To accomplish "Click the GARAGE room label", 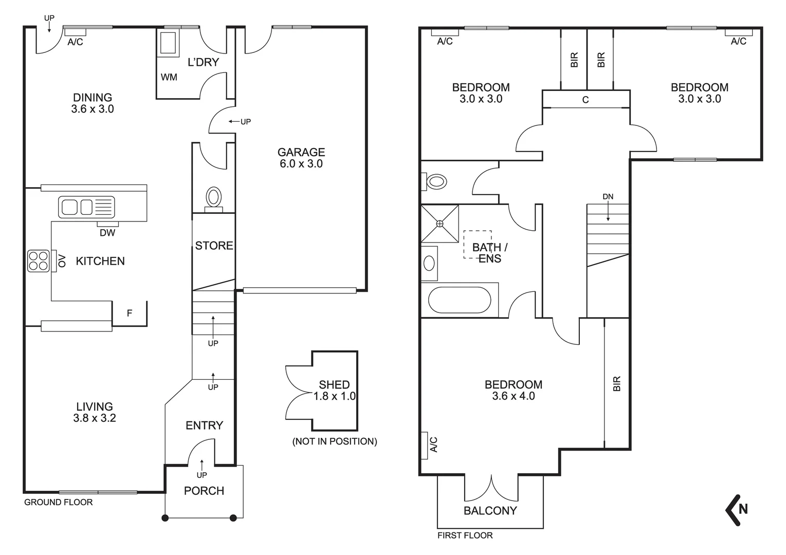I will point(301,152).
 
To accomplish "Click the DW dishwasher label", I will point(107,233).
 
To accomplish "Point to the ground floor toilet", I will point(213,197).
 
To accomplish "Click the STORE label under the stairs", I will point(214,246).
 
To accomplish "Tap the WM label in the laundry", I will point(169,77).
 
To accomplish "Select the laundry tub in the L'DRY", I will point(168,43).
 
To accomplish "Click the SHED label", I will point(334,384).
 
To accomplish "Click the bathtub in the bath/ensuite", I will point(460,300).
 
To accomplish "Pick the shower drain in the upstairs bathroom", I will point(440,224).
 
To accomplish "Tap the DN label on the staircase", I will point(608,197).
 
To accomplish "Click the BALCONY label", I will point(490,510).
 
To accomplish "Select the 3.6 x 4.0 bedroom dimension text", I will point(513,396).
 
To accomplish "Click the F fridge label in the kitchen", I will point(130,313).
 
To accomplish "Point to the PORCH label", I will point(204,491).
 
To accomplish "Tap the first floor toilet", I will point(435,181).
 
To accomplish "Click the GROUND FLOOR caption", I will point(59,503).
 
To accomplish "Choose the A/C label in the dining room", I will point(76,42).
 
